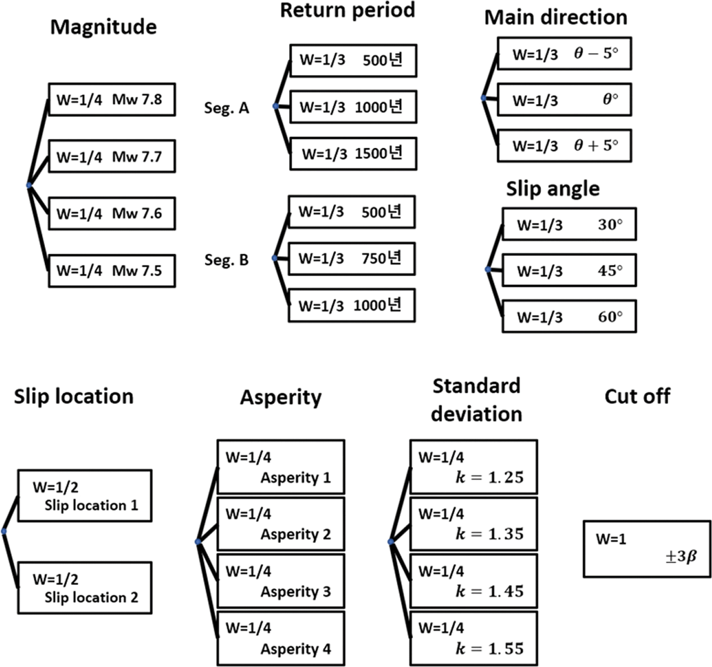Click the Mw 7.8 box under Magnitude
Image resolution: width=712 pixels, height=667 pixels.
point(111,99)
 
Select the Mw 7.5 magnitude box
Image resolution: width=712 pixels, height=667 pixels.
point(111,271)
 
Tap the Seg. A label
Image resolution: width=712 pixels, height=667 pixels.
point(227,108)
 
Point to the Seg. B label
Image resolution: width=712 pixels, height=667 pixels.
point(227,260)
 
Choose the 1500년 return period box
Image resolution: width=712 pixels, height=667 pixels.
point(353,154)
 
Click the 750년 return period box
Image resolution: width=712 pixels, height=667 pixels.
point(352,259)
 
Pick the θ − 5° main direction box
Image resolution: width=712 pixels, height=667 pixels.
point(564,53)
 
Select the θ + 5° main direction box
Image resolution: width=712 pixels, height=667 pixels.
point(564,146)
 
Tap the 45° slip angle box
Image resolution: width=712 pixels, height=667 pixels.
point(569,270)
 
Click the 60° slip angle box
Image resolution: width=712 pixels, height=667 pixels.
point(569,317)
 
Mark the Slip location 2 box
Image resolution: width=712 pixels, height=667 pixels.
point(85,587)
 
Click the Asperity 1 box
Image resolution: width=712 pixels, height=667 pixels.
point(280,467)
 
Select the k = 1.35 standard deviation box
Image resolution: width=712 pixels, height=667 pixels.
point(473,524)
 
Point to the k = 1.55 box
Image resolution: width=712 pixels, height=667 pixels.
point(473,638)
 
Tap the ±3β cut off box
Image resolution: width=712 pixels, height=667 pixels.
point(647,549)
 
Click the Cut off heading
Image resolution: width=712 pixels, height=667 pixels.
point(637,397)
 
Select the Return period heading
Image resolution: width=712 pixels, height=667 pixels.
point(347,10)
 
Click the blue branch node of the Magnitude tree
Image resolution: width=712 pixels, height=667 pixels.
point(29,185)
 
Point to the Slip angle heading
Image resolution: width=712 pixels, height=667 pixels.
point(552,189)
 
